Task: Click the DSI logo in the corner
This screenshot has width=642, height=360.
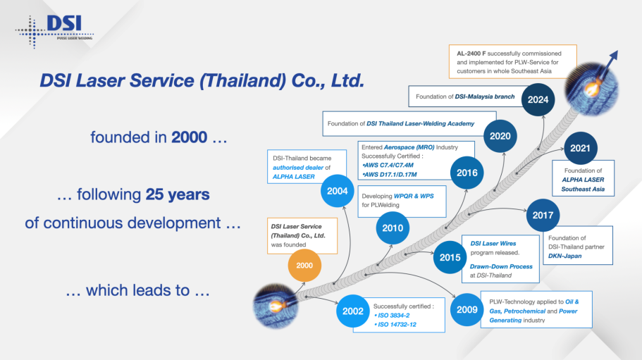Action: (54, 31)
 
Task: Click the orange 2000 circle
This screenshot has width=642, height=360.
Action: (304, 266)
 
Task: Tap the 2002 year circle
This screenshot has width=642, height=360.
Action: (352, 311)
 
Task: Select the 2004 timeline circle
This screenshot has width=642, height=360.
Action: (337, 191)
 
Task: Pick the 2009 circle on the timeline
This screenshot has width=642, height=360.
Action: (467, 310)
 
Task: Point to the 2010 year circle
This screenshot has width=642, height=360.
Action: (393, 228)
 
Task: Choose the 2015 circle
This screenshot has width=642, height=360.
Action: (450, 257)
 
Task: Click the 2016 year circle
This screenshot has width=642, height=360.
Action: (467, 173)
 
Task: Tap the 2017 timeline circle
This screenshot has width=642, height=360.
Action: (543, 215)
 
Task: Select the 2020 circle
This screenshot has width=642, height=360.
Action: (500, 136)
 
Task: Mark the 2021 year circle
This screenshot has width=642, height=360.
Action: (580, 148)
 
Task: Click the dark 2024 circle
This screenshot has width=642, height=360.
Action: (538, 100)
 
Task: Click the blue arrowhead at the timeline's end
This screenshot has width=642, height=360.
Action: (613, 56)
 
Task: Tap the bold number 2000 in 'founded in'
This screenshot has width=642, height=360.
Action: (189, 137)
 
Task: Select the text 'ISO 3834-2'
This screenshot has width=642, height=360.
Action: (393, 316)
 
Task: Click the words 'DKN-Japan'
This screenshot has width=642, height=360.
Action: (564, 256)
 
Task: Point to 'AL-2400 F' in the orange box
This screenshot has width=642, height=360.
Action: (471, 54)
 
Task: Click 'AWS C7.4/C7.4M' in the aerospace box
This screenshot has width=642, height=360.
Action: (388, 166)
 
